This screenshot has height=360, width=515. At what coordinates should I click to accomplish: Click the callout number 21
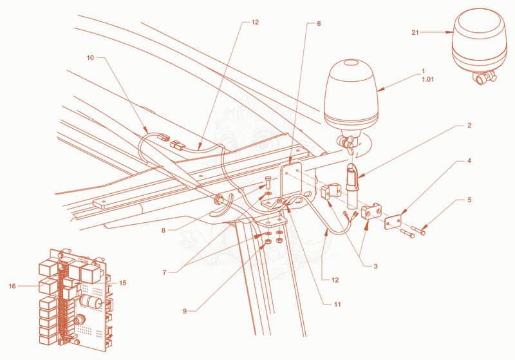[x=415, y=32]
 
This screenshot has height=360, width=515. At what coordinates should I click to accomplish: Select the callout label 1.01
[x=427, y=79]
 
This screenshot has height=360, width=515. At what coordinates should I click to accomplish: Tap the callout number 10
[x=90, y=58]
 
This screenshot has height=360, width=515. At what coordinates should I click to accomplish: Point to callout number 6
[x=319, y=24]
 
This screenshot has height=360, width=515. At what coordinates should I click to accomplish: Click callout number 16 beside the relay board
[x=12, y=286]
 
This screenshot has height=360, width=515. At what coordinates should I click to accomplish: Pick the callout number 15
[x=122, y=283]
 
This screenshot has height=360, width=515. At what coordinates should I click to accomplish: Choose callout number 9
[x=185, y=310]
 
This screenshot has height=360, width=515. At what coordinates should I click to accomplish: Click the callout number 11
[x=337, y=305]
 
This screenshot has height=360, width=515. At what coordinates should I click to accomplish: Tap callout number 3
[x=376, y=267]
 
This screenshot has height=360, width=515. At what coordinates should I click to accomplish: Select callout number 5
[x=469, y=200]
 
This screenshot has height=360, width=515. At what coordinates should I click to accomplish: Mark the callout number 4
[x=469, y=160]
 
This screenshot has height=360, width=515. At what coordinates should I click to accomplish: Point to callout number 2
[x=469, y=125]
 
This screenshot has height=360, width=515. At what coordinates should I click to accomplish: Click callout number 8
[x=164, y=231]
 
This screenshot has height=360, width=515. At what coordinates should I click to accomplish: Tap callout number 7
[x=164, y=272]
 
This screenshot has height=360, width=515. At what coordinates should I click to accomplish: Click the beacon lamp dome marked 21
[x=479, y=39]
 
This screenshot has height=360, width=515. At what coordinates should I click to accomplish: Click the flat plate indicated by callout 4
[x=393, y=222]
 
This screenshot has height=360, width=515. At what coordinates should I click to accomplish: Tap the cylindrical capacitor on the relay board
[x=90, y=301]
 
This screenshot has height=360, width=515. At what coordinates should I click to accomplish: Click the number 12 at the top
[x=255, y=23]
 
